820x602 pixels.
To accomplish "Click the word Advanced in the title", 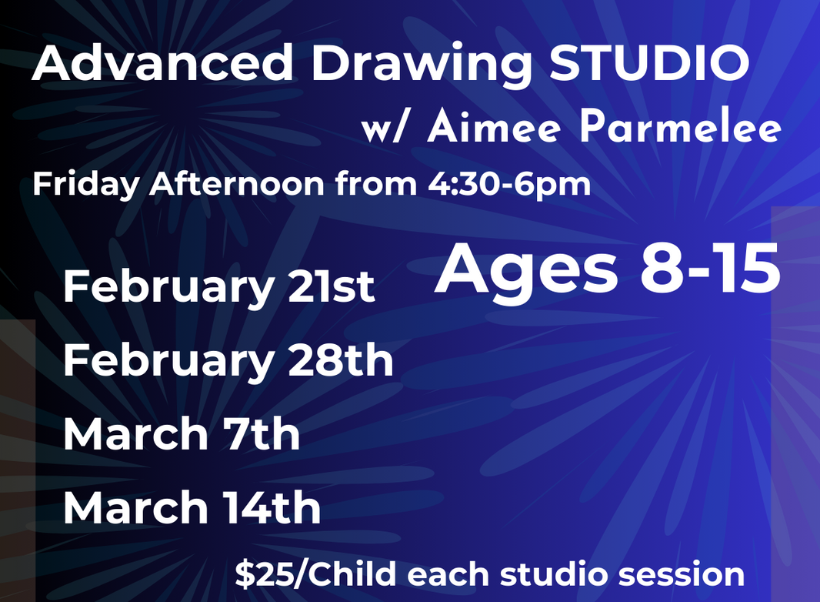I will [163, 65].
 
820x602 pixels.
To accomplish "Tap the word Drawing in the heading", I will [422, 65].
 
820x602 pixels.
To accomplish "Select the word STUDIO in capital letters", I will [650, 65].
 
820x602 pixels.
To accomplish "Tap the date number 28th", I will [341, 360].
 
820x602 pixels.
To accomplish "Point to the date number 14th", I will [272, 508].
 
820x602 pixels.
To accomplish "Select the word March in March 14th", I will [135, 508].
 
